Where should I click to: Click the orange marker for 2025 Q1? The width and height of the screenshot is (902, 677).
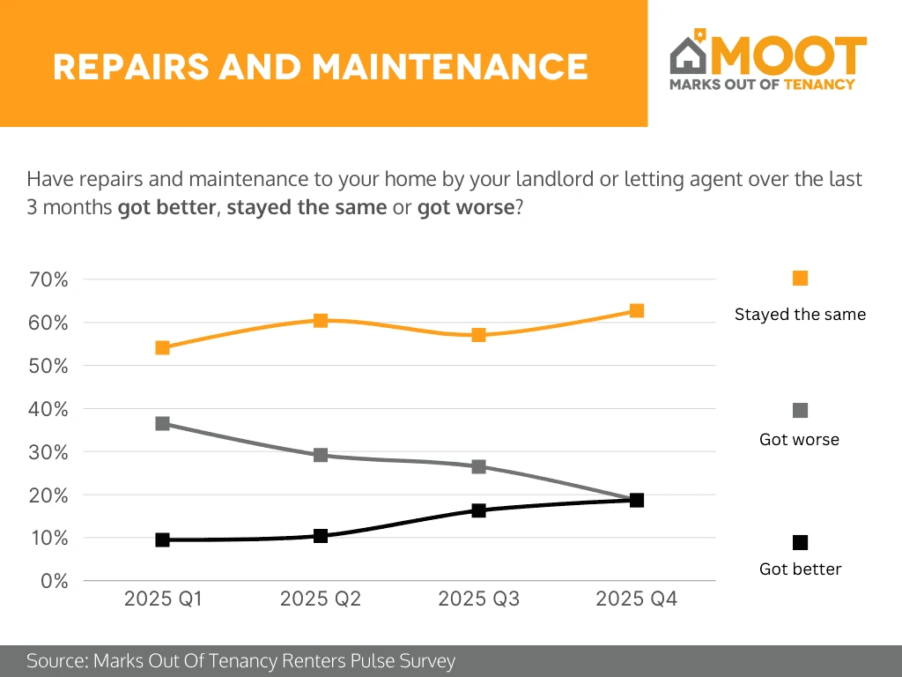point(162,347)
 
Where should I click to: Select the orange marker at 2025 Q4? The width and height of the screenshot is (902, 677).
point(636,310)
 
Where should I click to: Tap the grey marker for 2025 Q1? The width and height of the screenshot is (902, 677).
point(162,423)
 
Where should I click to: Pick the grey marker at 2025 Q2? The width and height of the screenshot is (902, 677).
point(321,455)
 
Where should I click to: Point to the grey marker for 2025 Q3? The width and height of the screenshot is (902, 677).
point(478,466)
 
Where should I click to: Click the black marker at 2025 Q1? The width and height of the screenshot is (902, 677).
point(162,539)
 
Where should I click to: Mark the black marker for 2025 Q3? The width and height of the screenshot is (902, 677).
point(478,510)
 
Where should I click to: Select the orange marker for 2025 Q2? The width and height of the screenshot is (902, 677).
point(321,320)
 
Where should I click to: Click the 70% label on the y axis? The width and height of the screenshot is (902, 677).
point(49,279)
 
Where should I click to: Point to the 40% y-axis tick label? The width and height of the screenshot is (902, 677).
point(49,409)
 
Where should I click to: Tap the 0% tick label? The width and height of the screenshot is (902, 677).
point(55,581)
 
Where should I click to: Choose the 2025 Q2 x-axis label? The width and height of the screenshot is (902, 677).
point(321,599)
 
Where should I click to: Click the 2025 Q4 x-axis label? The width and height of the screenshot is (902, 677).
point(636,599)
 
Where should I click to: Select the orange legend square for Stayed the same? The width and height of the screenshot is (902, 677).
point(800,279)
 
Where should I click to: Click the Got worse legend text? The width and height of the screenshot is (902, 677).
point(799,439)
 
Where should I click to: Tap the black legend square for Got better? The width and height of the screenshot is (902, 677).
point(800,542)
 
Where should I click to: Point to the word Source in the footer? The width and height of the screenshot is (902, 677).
point(56,661)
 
